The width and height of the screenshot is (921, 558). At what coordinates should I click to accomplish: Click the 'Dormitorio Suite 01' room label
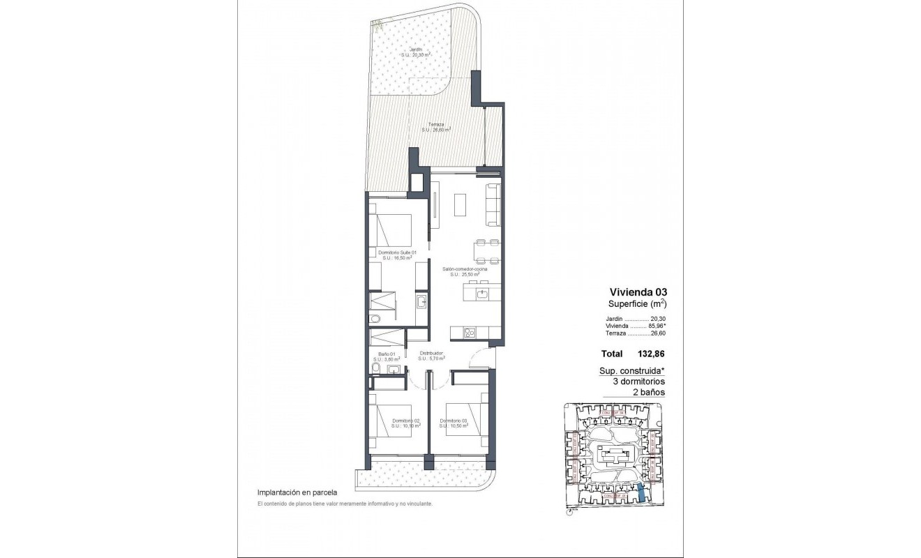click(x=397, y=252)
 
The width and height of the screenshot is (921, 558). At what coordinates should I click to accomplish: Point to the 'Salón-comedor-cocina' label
click(x=464, y=269)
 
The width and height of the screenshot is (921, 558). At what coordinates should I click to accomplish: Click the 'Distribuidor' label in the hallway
click(x=432, y=353)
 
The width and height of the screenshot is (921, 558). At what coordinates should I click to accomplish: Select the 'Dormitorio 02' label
click(x=405, y=421)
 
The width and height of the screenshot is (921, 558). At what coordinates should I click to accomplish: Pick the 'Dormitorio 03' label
click(x=453, y=421)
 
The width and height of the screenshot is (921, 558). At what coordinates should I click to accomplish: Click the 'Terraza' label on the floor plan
click(x=436, y=124)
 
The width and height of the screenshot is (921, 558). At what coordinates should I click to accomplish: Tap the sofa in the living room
click(x=493, y=202)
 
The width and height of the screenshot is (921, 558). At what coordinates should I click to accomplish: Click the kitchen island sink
click(x=484, y=294)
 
